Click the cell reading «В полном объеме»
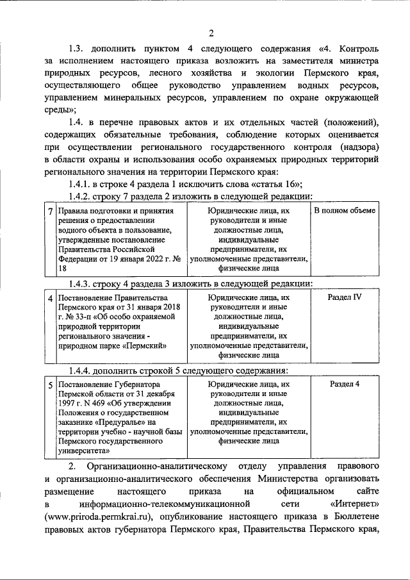345,210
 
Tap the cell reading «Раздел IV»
345,297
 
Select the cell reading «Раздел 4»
345,385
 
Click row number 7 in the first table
51,211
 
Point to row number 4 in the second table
51,298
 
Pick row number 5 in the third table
51,385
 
